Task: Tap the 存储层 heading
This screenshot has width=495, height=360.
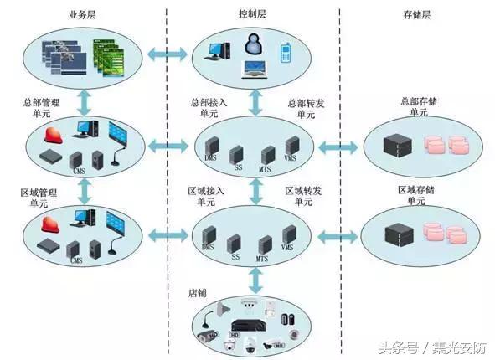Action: pyautogui.click(x=416, y=16)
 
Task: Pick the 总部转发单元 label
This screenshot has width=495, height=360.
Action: pyautogui.click(x=303, y=108)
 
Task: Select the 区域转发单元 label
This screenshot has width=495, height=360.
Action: pyautogui.click(x=303, y=197)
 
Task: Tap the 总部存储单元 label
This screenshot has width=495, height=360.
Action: pyautogui.click(x=419, y=107)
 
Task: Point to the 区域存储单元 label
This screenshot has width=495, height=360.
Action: pyautogui.click(x=419, y=197)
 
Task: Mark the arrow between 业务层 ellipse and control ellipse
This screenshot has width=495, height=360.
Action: pyautogui.click(x=168, y=54)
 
